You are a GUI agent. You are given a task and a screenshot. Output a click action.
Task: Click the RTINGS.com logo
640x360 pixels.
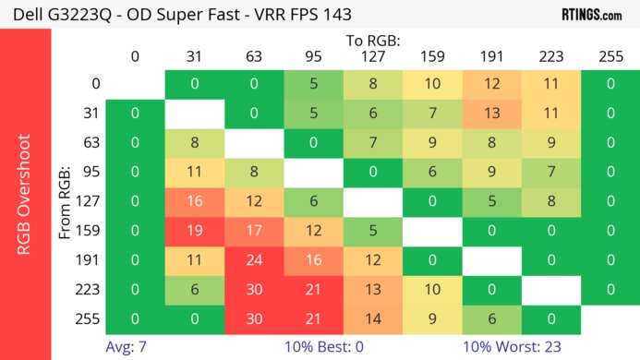[x=591, y=15]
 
